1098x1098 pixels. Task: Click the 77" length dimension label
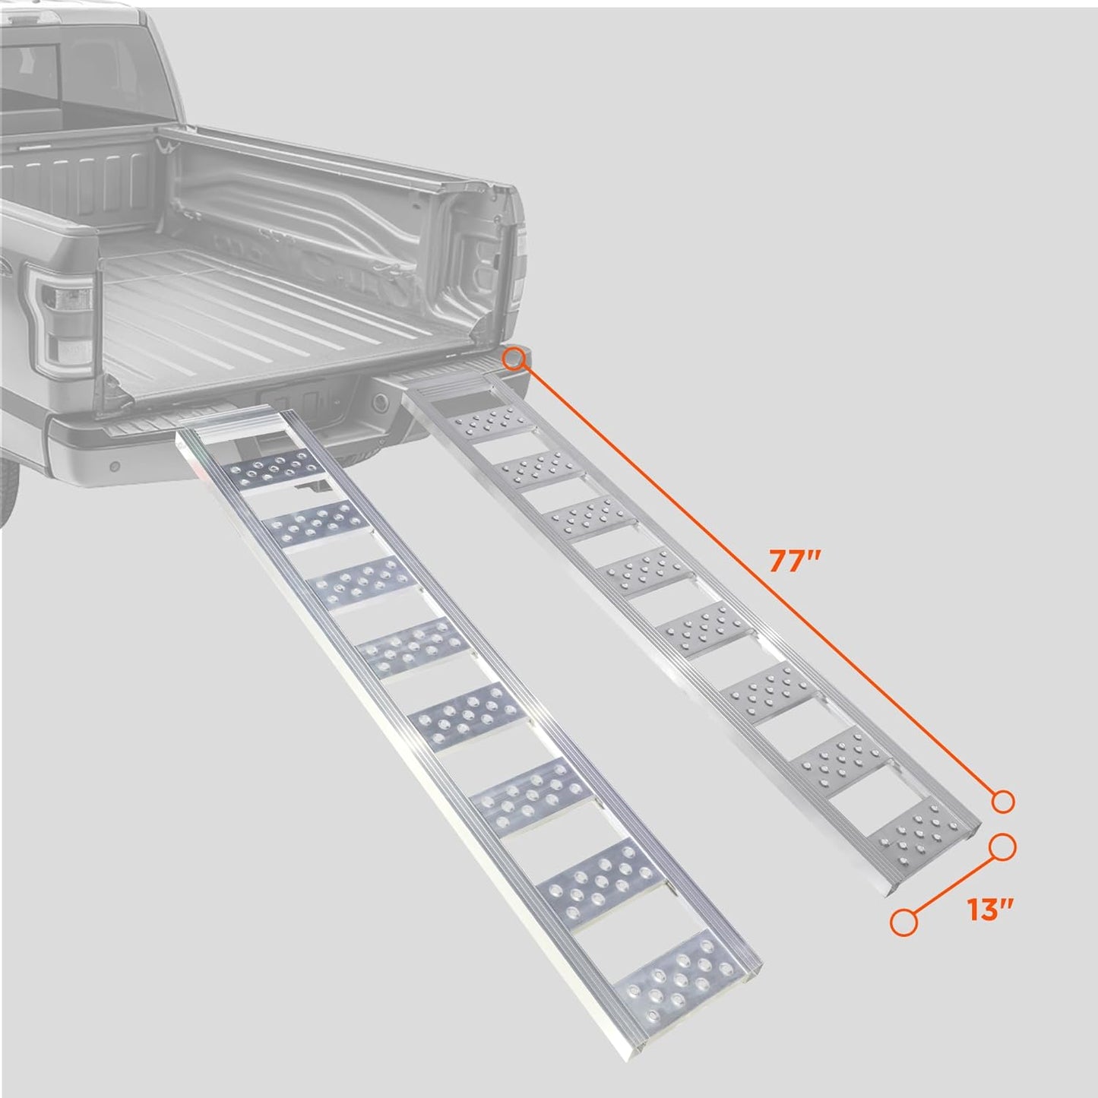[x=796, y=562]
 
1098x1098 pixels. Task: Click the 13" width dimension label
[x=992, y=909]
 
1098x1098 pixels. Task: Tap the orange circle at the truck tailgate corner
[x=515, y=357]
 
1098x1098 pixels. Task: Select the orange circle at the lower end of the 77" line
[x=1003, y=801]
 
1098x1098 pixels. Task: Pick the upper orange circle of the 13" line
[x=1003, y=847]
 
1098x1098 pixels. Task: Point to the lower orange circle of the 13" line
[x=903, y=922]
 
